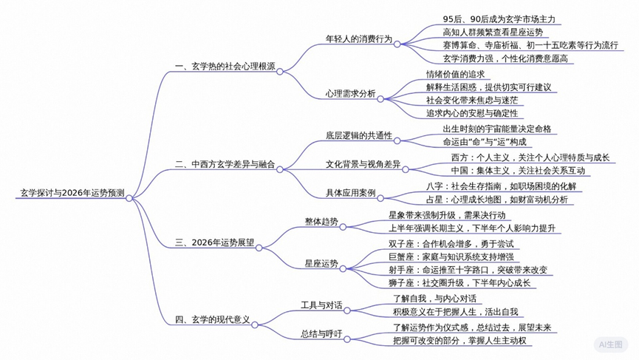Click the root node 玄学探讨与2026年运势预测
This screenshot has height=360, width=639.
tap(72, 194)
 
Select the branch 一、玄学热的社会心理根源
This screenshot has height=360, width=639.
tap(225, 67)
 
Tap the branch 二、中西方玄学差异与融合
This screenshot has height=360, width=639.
tap(225, 166)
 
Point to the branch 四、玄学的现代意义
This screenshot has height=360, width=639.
tap(212, 320)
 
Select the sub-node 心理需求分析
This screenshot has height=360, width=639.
tap(350, 94)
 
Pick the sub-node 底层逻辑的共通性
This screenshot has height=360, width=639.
tap(359, 137)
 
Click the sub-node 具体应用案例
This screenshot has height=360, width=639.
tap(350, 193)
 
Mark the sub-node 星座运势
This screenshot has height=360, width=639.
tap(321, 263)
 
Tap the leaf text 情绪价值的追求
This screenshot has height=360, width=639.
tap(455, 74)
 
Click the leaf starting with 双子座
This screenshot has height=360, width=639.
tap(451, 243)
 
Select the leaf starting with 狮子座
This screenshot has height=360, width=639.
tap(459, 283)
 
